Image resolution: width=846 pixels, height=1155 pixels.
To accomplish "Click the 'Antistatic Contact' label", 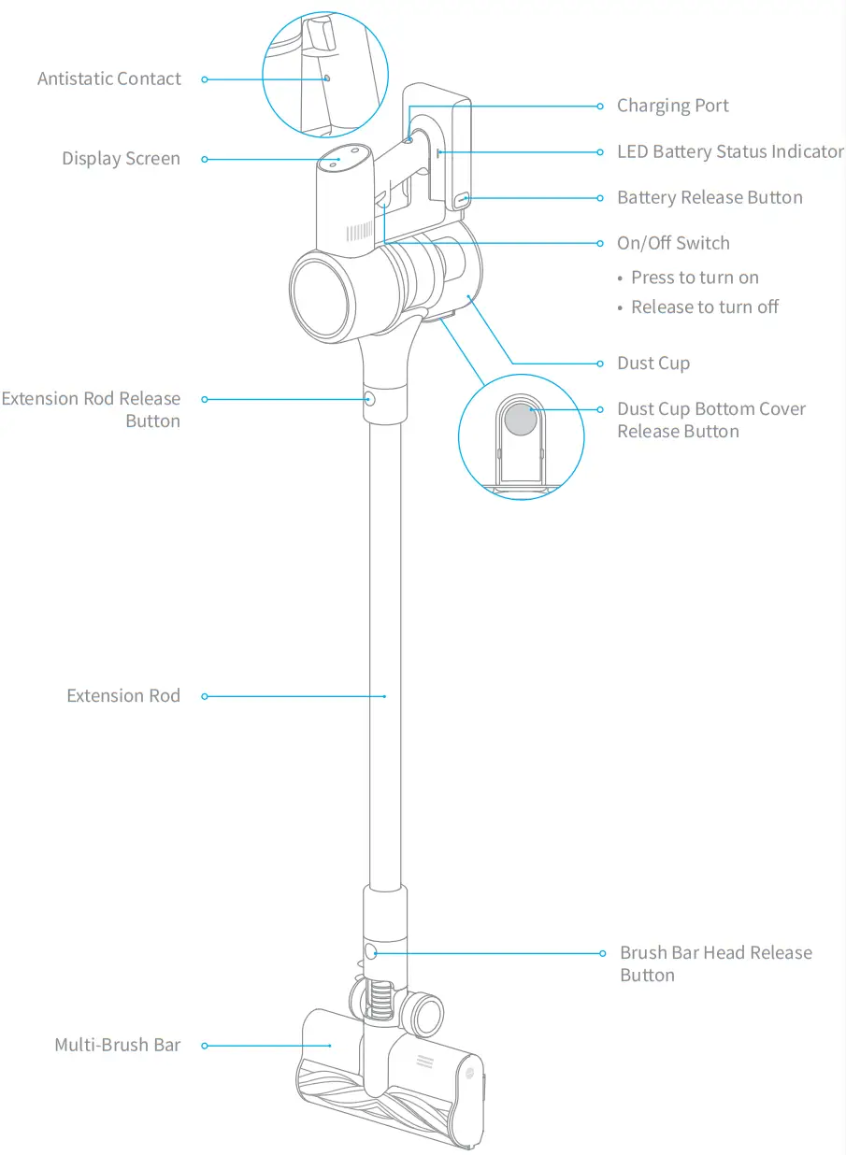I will pos(108,79).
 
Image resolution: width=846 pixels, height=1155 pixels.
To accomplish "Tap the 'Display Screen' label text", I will pos(121,159).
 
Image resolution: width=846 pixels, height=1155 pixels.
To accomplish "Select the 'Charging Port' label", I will pos(672,106).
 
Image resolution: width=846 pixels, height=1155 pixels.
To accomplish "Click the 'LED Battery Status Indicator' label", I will pos(730,151).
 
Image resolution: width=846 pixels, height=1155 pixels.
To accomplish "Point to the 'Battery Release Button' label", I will pos(710,197).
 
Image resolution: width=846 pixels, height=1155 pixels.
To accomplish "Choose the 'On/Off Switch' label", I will pos(673,243).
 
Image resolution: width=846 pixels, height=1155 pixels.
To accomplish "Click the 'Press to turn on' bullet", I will pos(694,278).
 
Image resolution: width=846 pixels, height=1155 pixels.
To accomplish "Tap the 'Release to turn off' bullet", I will pos(704,307).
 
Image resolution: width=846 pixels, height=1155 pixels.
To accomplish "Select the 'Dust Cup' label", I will pos(653,364).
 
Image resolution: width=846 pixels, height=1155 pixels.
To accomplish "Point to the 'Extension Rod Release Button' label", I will pos(92,409).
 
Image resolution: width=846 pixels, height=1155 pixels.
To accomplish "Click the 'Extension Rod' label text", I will pos(123,696).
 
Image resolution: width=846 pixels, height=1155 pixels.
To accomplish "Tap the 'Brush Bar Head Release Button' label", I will pos(715,963).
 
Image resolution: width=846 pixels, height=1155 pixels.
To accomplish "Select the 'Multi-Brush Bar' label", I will pos(117,1045).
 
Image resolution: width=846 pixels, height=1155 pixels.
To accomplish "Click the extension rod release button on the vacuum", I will pos(370,399).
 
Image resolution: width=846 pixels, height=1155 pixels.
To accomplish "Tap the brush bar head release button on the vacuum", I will pos(370,952).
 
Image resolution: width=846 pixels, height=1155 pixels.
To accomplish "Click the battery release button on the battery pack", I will pos(463,198).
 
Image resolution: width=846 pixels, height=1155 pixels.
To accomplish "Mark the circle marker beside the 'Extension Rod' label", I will pos(205,696).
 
